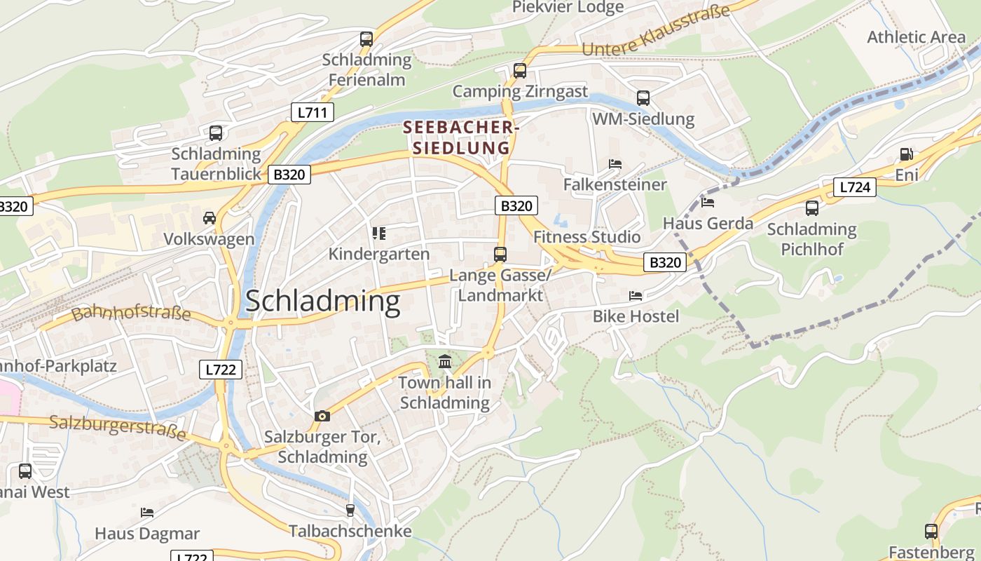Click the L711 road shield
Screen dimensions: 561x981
pyautogui.click(x=313, y=112)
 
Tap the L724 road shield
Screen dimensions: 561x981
pyautogui.click(x=855, y=187)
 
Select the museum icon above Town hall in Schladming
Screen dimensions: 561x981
pyautogui.click(x=445, y=362)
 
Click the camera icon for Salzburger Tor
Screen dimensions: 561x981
pyautogui.click(x=322, y=416)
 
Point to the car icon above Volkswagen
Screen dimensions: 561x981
pyautogui.click(x=209, y=218)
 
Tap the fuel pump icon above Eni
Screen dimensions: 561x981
pyautogui.click(x=906, y=154)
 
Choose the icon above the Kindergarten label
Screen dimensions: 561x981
pyautogui.click(x=379, y=233)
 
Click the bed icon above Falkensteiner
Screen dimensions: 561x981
pyautogui.click(x=615, y=164)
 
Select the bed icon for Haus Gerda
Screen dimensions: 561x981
pyautogui.click(x=708, y=203)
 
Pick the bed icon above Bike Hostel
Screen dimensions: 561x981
pyautogui.click(x=636, y=296)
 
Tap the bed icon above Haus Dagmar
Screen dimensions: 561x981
pyautogui.click(x=147, y=513)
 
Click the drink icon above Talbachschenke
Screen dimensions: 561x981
pyautogui.click(x=350, y=510)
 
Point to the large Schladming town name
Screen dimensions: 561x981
pyautogui.click(x=322, y=302)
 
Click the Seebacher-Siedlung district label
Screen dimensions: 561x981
pyautogui.click(x=460, y=137)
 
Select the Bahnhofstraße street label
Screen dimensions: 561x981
pyautogui.click(x=131, y=313)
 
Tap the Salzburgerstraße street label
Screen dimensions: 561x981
pyautogui.click(x=118, y=428)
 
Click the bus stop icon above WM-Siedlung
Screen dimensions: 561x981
pyautogui.click(x=643, y=98)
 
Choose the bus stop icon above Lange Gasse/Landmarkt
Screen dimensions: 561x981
pyautogui.click(x=500, y=255)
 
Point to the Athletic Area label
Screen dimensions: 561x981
pyautogui.click(x=916, y=37)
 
